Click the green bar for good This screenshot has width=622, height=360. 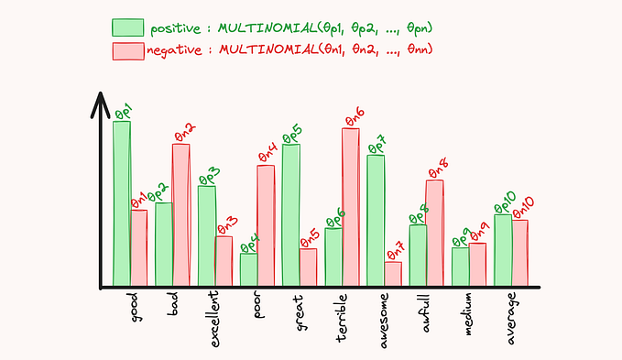pos(122,202)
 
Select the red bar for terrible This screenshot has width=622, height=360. pos(350,206)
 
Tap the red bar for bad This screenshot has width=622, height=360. pos(180,214)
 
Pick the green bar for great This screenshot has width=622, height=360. pos(291,214)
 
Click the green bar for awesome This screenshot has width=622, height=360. pos(376,220)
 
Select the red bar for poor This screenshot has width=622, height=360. pos(266,224)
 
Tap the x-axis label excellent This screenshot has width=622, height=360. pos(213,317)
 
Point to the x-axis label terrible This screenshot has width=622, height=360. pos(341,317)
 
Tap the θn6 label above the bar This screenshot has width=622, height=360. pos(355,117)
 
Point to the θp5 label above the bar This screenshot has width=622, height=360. pos(292,135)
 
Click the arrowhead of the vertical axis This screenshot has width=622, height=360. pos(96,98)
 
